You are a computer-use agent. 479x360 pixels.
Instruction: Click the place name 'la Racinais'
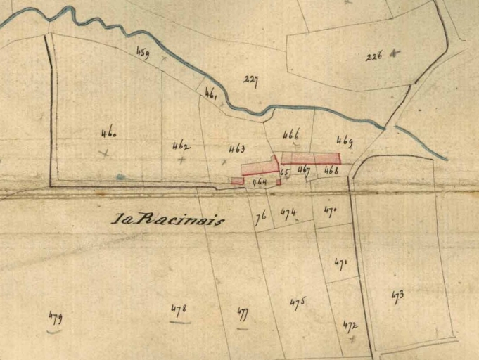coord(168,219)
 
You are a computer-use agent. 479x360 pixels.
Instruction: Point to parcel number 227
coord(250,80)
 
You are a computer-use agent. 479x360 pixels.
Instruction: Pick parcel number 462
coord(181,146)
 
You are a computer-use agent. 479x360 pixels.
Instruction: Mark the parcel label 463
coord(237,148)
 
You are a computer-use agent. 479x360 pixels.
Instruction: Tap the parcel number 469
coord(345,140)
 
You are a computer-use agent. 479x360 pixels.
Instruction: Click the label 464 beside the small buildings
coord(260,182)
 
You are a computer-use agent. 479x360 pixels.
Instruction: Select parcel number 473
coord(397,295)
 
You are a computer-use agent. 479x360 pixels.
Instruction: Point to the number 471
coord(341,264)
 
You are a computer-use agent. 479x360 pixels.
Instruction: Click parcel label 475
coord(298,302)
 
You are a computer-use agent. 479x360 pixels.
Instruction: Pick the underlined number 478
coord(179,309)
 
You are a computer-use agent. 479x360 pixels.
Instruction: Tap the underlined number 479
coord(55,316)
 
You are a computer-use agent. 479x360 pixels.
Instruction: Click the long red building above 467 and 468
coord(310,158)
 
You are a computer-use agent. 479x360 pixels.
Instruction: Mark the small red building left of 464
coord(237,181)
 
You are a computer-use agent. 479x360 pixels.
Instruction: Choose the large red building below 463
coord(258,167)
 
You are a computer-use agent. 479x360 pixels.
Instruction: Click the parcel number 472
coord(350,326)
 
